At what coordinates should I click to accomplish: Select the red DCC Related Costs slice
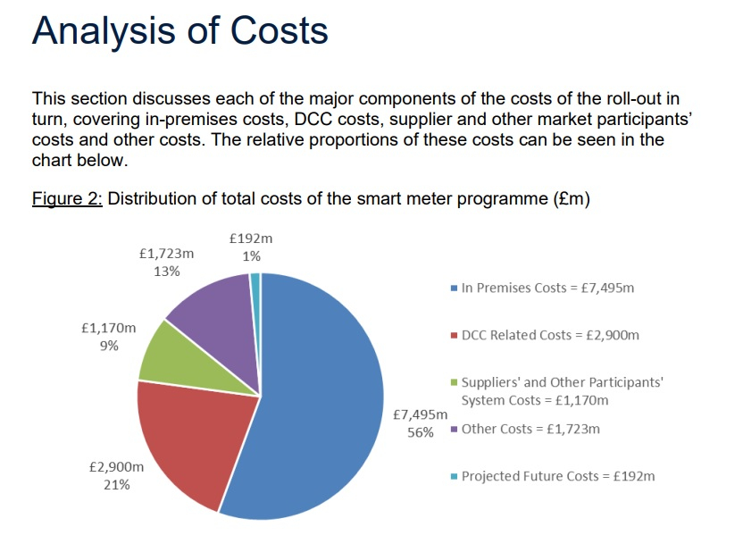click(192, 438)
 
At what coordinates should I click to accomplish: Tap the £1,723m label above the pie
click(167, 254)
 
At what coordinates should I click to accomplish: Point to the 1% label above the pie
click(251, 255)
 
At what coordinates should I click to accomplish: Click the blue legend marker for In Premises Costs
click(455, 289)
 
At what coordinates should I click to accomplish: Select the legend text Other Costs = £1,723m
click(530, 429)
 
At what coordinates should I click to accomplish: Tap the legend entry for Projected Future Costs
click(557, 476)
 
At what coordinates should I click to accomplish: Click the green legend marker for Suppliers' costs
click(455, 382)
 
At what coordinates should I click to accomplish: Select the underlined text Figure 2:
click(67, 198)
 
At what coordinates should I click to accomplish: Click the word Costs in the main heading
click(280, 31)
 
